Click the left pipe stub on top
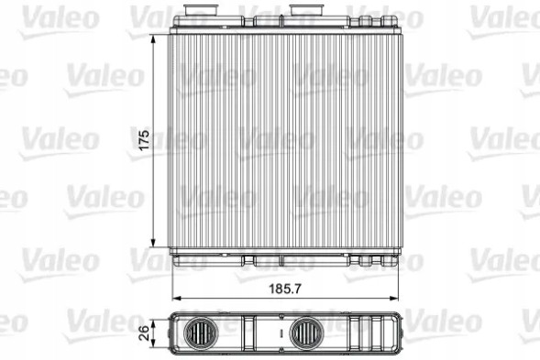195,14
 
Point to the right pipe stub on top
303,14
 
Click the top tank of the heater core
285,27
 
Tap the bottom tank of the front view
285,256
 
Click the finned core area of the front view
285,139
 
